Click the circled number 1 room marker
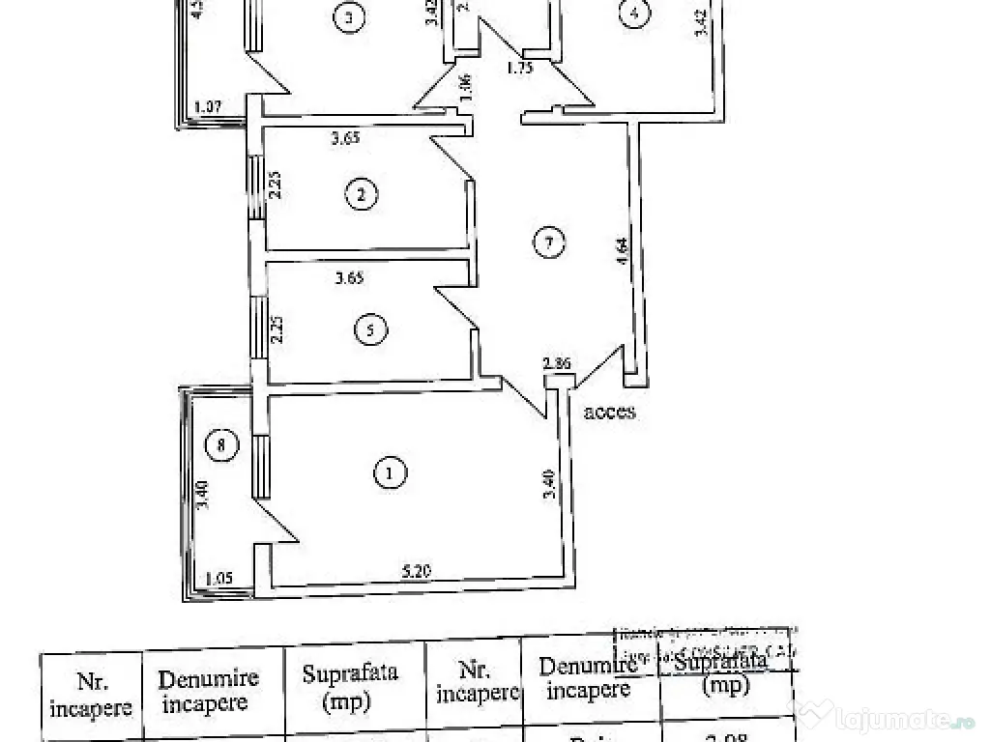click(x=390, y=472)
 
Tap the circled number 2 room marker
click(x=361, y=194)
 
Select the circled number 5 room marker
click(x=370, y=330)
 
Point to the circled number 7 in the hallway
click(x=547, y=243)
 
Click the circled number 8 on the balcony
click(x=221, y=445)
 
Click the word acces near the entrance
click(x=609, y=412)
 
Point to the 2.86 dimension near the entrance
click(x=558, y=364)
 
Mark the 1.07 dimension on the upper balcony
click(x=210, y=107)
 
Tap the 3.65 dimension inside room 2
click(x=345, y=139)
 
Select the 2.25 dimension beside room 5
click(x=277, y=330)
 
